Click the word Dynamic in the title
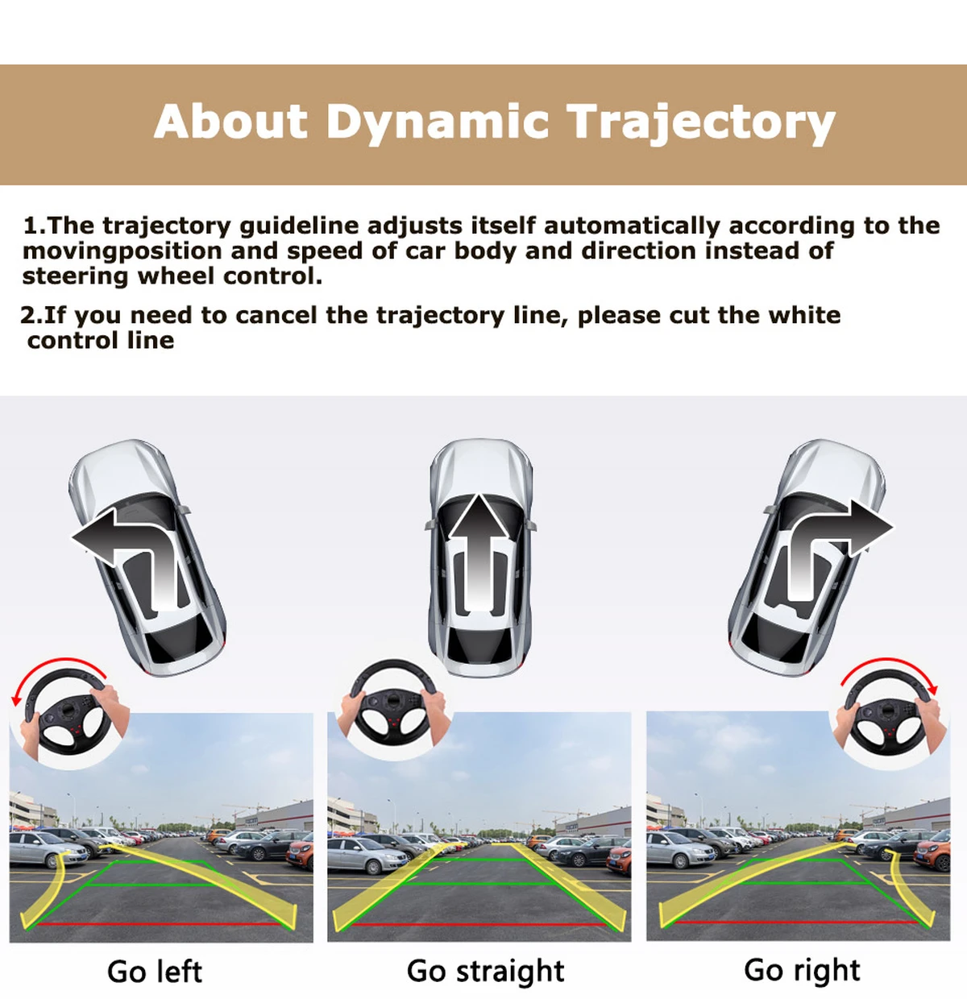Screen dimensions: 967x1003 point(437,122)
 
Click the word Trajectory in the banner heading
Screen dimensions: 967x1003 point(701,122)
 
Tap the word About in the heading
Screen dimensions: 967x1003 point(231,121)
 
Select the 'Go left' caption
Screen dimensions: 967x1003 point(155,972)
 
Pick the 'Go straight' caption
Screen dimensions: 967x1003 point(486,972)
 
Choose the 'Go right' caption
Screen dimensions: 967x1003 point(802,971)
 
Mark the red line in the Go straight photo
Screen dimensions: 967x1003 point(477,925)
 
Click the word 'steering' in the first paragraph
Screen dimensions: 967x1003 point(75,277)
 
